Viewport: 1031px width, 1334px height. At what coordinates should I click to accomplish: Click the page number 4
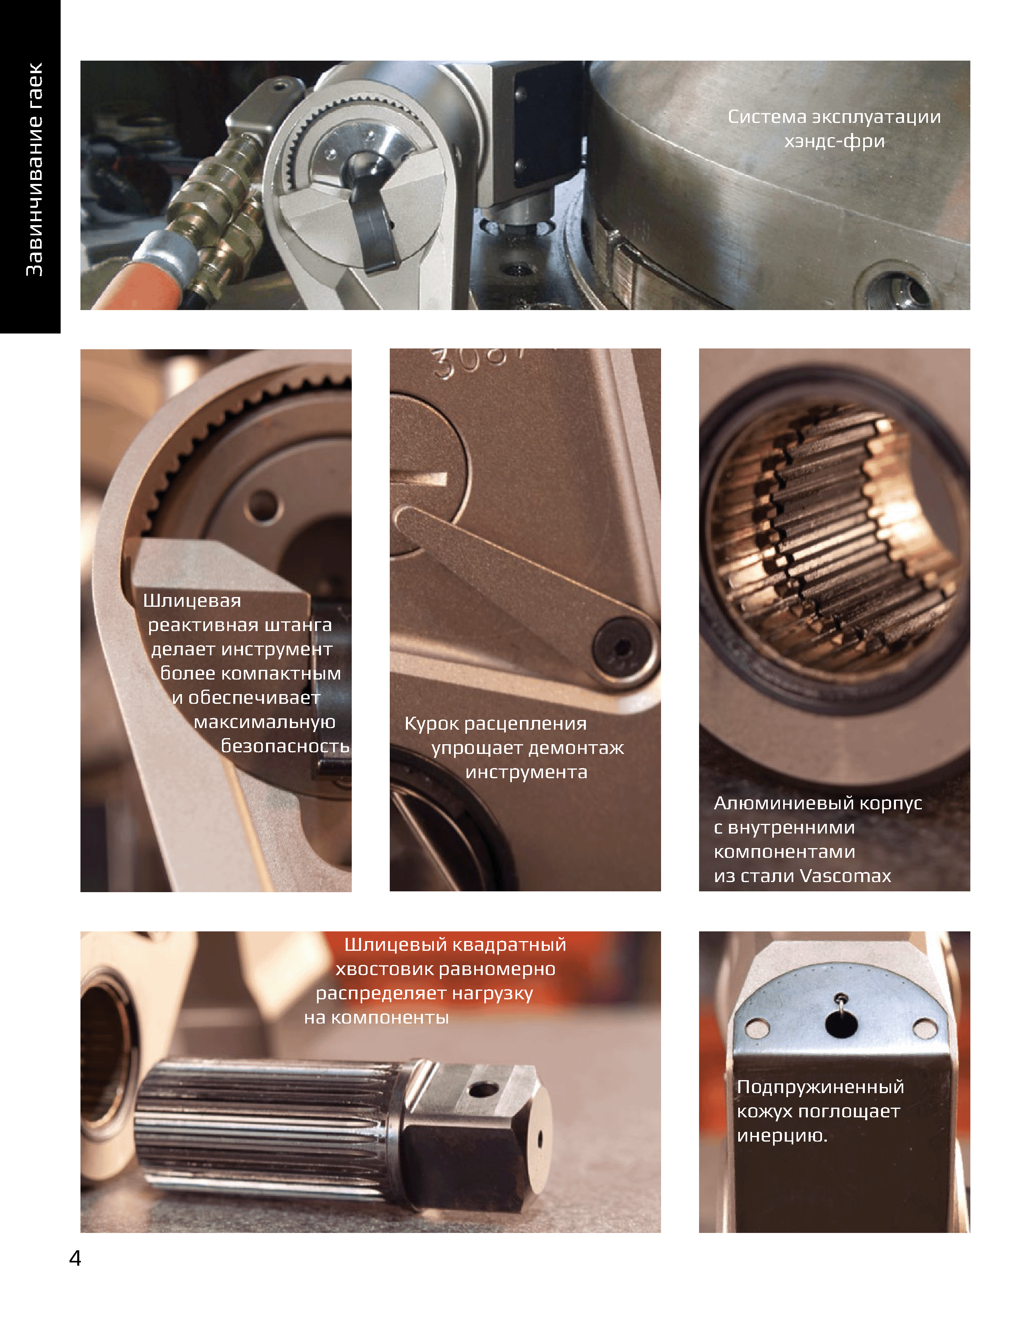[x=75, y=1258]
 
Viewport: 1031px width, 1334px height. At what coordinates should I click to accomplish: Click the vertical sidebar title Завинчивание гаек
[x=34, y=169]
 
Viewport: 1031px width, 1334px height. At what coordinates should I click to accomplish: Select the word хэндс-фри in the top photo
[x=835, y=141]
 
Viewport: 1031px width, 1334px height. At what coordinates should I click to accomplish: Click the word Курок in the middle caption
[x=432, y=724]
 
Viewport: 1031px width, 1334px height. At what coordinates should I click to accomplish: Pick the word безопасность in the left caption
[x=285, y=746]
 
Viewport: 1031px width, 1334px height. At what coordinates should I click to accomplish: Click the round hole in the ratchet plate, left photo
[x=263, y=506]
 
